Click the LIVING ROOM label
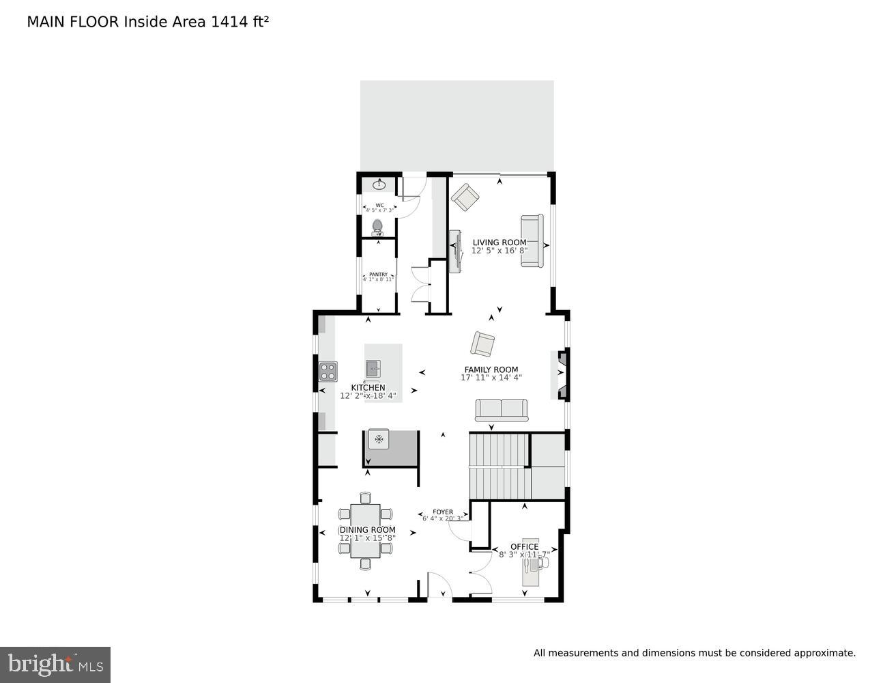pos(500,242)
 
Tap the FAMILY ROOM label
pos(491,370)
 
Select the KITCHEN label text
pos(368,388)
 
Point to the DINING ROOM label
pos(368,530)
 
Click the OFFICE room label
pos(524,546)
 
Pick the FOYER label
pos(443,512)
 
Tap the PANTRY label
pos(378,275)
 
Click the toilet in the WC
pos(378,226)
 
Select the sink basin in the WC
pos(379,184)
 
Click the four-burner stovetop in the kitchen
pos(328,372)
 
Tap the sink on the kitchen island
pos(373,369)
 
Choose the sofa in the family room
pos(502,410)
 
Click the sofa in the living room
pos(532,241)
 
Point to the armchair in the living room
pos(465,197)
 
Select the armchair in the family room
pos(483,344)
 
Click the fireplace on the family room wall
pos(562,374)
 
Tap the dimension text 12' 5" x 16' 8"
pos(500,251)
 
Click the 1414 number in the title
pos(225,22)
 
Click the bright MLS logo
pos(55,665)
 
